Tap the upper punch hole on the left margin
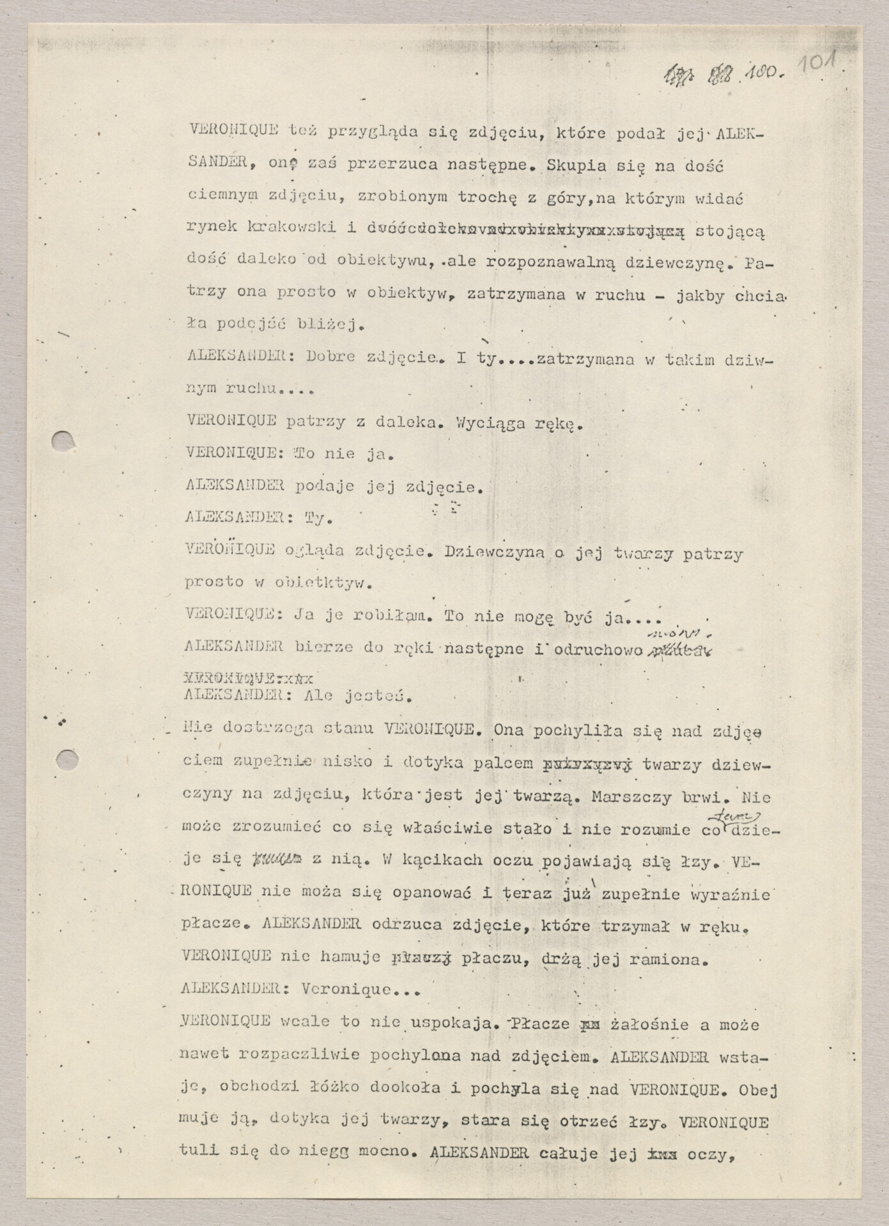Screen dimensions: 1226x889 coord(63,441)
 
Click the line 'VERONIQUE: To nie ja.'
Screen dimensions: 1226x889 coord(288,455)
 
